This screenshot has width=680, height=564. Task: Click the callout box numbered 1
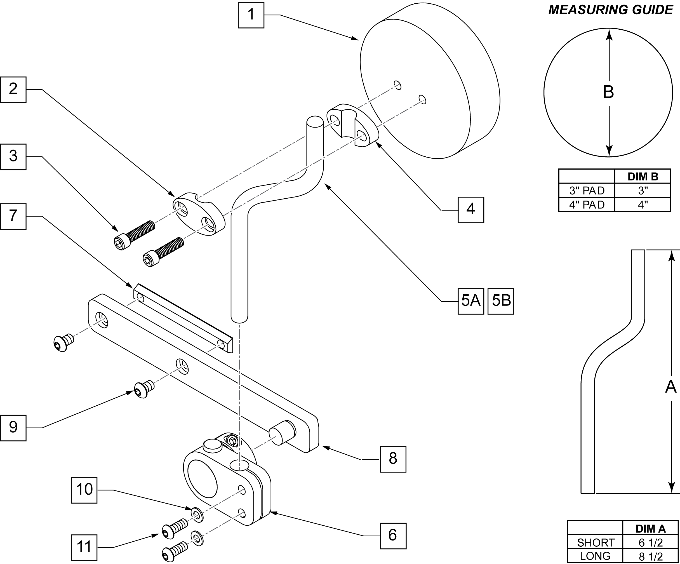(251, 15)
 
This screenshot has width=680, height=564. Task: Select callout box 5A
(471, 301)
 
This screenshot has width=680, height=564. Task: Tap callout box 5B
(501, 301)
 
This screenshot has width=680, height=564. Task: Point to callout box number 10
(84, 490)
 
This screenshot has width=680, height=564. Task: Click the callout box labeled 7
(13, 216)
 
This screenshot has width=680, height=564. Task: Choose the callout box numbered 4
(471, 210)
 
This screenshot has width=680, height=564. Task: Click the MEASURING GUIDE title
(611, 10)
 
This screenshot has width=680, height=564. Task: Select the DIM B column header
(643, 177)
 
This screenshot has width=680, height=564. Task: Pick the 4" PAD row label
(587, 205)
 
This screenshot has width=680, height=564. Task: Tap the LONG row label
(595, 556)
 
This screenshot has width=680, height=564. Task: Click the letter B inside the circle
(608, 92)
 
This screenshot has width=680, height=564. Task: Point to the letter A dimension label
(670, 387)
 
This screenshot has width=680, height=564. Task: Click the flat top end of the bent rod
(315, 121)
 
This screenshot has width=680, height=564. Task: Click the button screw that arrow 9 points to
(144, 389)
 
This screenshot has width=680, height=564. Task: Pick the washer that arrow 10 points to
(197, 515)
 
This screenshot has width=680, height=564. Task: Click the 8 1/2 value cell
(651, 556)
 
